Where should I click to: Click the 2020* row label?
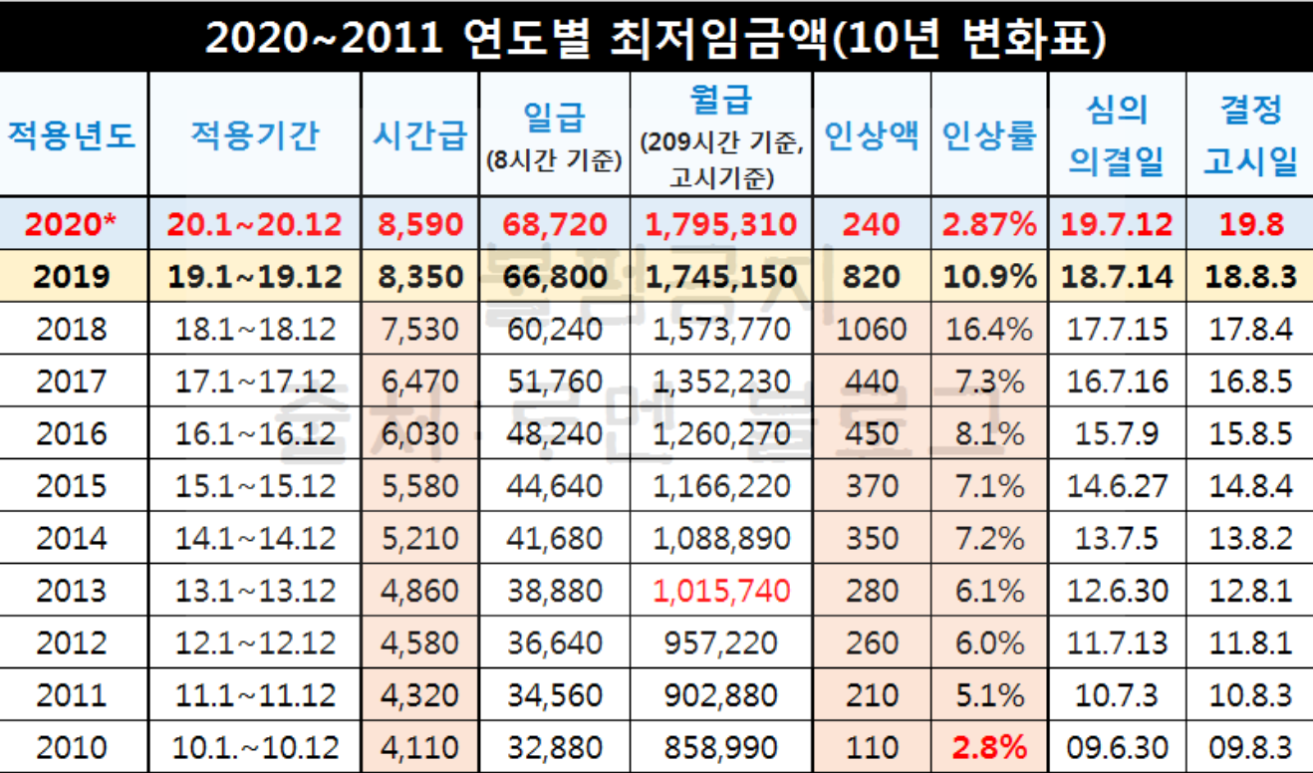point(73,224)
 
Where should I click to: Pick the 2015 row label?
point(72,486)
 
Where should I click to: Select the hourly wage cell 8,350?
point(419,276)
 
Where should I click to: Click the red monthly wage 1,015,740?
point(721,591)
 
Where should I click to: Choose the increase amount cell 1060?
point(872,329)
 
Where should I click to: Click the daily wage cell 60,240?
point(553,329)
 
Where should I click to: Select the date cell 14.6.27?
point(1116,486)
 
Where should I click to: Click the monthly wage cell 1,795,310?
point(721,224)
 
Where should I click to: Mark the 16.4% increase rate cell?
point(989,329)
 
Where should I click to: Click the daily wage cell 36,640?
point(553,643)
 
